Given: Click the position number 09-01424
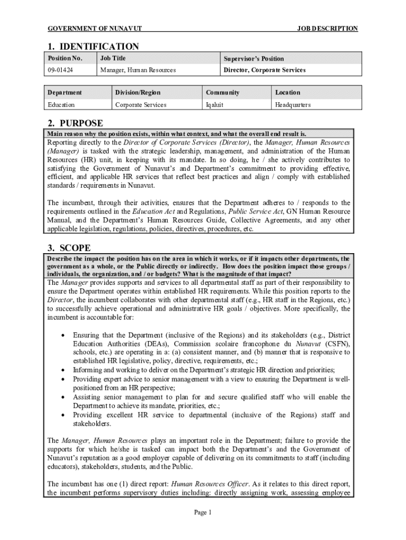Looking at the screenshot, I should click(x=58, y=70).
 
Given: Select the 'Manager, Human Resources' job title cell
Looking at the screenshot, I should click(x=138, y=70).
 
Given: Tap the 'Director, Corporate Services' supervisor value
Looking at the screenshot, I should click(x=264, y=70).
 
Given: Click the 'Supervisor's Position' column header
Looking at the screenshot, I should click(x=254, y=59).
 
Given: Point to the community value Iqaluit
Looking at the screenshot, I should click(x=215, y=105).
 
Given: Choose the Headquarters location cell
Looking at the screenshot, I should click(x=293, y=105).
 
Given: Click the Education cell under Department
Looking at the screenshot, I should click(x=61, y=105).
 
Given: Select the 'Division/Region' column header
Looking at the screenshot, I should click(x=138, y=92).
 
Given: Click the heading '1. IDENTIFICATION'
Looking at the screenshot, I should click(x=93, y=46).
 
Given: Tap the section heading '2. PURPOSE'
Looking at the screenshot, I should click(x=75, y=123).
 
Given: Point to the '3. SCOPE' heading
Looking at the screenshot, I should click(x=69, y=248).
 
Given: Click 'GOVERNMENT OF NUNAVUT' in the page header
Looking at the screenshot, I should click(x=94, y=28).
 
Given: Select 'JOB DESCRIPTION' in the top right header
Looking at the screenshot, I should click(x=327, y=28).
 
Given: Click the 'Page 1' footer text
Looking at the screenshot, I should click(x=202, y=512).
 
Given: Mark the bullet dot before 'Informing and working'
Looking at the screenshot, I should click(x=63, y=370).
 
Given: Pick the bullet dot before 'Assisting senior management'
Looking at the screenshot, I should click(x=63, y=397).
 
